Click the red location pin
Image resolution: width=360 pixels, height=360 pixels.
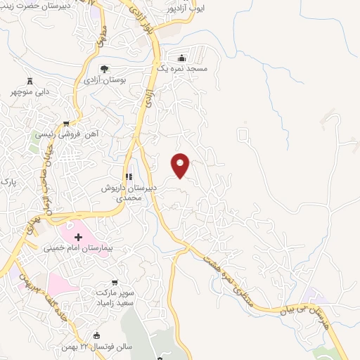[x=181, y=165]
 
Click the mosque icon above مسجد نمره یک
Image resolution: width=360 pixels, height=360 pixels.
[x=182, y=58]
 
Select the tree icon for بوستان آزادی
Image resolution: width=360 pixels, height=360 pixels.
[x=104, y=69]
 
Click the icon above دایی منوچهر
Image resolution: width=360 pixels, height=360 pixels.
[x=30, y=81]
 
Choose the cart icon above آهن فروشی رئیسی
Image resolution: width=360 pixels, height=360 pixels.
[x=66, y=123]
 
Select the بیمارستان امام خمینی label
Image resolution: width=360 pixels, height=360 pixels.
[x=76, y=247]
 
